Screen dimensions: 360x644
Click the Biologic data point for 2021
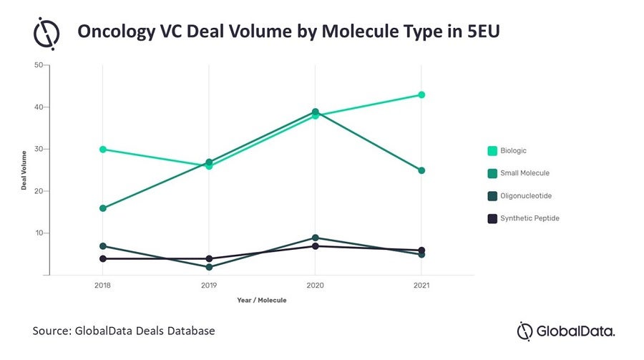pyautogui.click(x=421, y=95)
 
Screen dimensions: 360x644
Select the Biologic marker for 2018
pyautogui.click(x=103, y=150)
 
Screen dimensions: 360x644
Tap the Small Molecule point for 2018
pyautogui.click(x=103, y=208)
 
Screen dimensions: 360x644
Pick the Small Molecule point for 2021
pyautogui.click(x=421, y=170)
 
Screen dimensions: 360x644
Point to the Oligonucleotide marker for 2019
pyautogui.click(x=209, y=267)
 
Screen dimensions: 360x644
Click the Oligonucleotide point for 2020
pyautogui.click(x=316, y=238)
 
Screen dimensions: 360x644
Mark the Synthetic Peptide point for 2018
pyautogui.click(x=103, y=258)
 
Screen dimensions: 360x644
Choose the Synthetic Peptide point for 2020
pyautogui.click(x=316, y=246)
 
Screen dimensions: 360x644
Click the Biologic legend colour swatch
pyautogui.click(x=492, y=151)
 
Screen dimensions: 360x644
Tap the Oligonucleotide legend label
pyautogui.click(x=529, y=195)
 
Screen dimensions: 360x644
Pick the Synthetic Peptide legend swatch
pyautogui.click(x=492, y=218)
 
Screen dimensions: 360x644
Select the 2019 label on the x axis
pyautogui.click(x=209, y=285)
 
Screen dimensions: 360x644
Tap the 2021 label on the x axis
pyautogui.click(x=421, y=285)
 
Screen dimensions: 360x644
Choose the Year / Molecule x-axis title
pyautogui.click(x=262, y=300)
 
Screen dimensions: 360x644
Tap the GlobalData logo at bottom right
pyautogui.click(x=565, y=331)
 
